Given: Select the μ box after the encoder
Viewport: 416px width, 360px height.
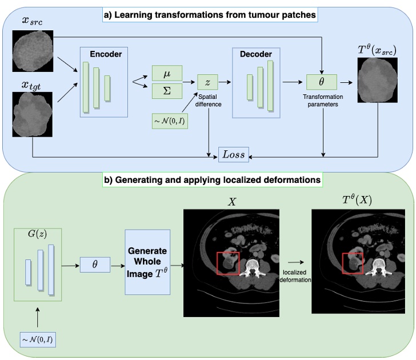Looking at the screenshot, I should [x=167, y=73].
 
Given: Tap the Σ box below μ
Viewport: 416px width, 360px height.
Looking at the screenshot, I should [x=167, y=90].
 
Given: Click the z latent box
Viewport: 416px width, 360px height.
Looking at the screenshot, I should [x=207, y=82].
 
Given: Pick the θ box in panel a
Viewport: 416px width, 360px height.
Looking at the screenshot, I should [x=321, y=82].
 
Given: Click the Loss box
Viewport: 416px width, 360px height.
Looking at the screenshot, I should [x=234, y=154].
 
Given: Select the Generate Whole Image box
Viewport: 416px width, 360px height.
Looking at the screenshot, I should [x=147, y=262].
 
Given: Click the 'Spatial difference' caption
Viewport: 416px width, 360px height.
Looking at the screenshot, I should [x=210, y=100].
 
